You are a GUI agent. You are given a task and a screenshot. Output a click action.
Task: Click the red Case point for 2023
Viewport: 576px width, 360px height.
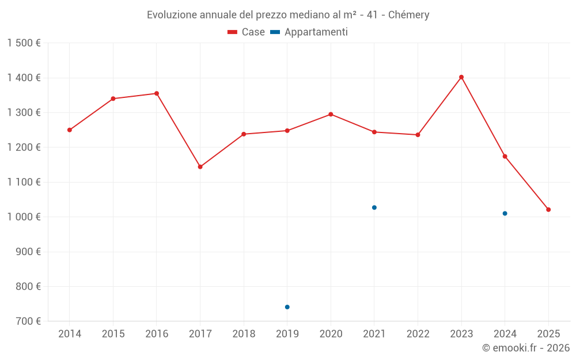pyautogui.click(x=461, y=77)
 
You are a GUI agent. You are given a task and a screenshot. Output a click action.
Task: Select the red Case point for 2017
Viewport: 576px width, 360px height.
pyautogui.click(x=200, y=167)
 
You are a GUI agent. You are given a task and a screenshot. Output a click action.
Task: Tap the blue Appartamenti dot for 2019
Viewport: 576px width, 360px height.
pyautogui.click(x=287, y=307)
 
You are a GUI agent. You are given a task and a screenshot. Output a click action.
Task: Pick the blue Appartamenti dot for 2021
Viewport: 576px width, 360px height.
pyautogui.click(x=374, y=207)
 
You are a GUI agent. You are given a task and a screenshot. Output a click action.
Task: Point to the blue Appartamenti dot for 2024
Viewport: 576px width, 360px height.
pyautogui.click(x=505, y=214)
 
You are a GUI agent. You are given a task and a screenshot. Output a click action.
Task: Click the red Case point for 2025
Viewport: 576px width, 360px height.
pyautogui.click(x=548, y=210)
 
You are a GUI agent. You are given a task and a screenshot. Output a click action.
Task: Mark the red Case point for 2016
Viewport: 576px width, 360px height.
pyautogui.click(x=157, y=93)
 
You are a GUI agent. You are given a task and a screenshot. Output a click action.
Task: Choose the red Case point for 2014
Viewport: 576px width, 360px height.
pyautogui.click(x=70, y=130)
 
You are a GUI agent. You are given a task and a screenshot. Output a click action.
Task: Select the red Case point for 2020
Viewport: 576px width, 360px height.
pyautogui.click(x=331, y=114)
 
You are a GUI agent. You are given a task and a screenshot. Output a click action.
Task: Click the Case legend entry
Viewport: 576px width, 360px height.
pyautogui.click(x=247, y=32)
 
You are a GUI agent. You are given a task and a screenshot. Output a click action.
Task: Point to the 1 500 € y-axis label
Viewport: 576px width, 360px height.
pyautogui.click(x=24, y=43)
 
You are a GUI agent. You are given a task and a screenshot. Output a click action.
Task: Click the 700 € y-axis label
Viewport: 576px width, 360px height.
pyautogui.click(x=28, y=321)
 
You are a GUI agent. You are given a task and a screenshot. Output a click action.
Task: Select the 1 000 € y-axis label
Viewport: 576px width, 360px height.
pyautogui.click(x=24, y=217)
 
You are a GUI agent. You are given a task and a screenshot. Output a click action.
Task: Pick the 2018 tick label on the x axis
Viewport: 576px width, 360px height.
pyautogui.click(x=244, y=334)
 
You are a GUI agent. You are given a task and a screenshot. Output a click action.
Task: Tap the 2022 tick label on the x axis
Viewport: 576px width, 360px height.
pyautogui.click(x=418, y=334)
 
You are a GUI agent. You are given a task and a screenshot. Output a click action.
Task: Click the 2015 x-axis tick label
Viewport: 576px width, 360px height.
pyautogui.click(x=113, y=334)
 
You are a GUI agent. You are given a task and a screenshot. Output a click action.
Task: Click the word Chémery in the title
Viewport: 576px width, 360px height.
pyautogui.click(x=408, y=15)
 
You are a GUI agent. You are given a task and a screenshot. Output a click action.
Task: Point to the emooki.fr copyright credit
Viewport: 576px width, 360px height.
pyautogui.click(x=526, y=348)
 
